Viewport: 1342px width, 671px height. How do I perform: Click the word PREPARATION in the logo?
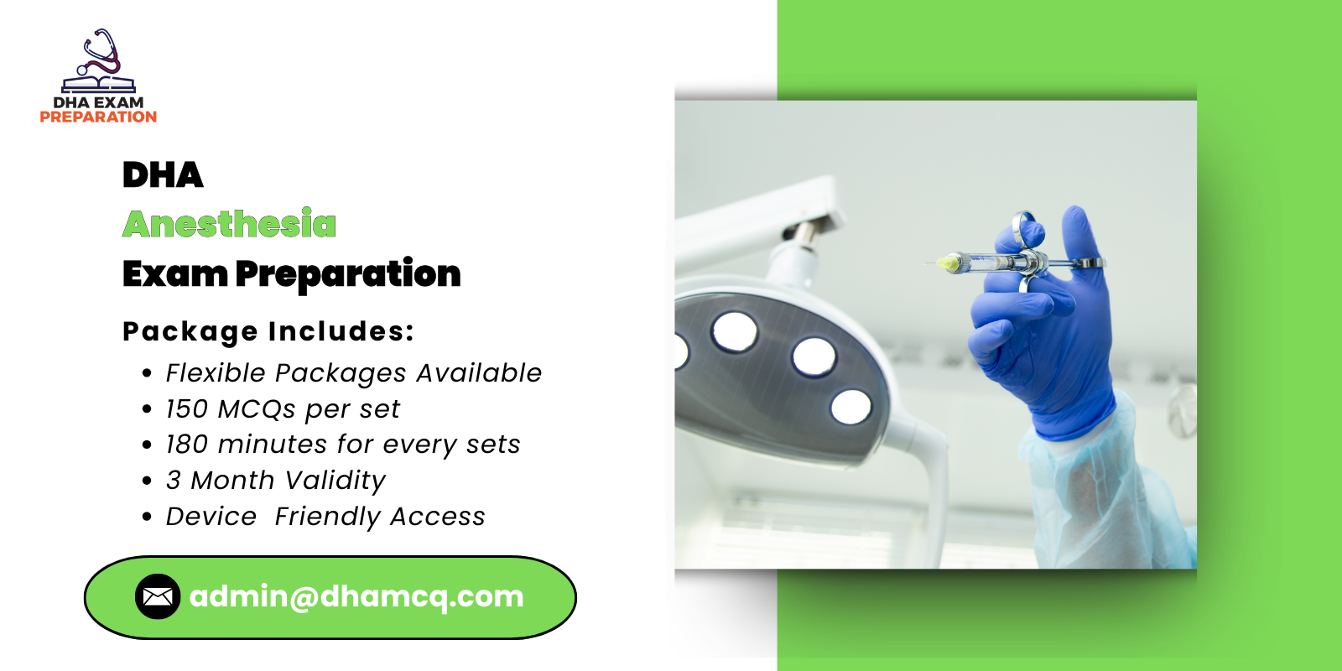pos(98,117)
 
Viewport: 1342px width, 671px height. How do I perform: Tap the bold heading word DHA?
pos(163,175)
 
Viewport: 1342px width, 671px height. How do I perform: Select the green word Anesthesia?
pos(229,224)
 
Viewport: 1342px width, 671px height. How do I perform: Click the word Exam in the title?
pos(174,274)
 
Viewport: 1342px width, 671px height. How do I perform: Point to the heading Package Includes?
pos(268,331)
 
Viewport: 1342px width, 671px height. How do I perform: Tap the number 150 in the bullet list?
pos(186,408)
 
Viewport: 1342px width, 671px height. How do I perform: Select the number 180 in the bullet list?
pos(186,445)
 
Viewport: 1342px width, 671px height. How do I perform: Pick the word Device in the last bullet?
pos(211,517)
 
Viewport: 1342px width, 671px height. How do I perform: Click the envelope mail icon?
pos(158,596)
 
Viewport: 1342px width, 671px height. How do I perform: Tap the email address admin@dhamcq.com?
pos(356,596)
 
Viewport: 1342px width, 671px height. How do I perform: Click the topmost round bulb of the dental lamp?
pos(735,330)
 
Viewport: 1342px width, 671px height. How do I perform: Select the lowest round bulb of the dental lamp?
pos(851,407)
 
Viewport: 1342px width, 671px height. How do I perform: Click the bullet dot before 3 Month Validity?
pos(148,481)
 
